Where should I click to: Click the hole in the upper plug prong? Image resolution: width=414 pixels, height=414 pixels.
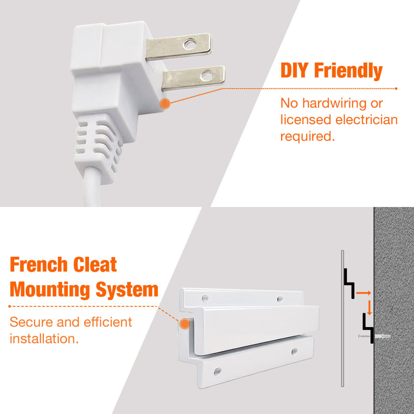pos(190,44)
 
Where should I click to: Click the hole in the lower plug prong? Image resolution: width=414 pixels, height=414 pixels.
pos(206,76)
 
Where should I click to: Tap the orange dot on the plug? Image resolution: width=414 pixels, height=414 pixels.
pos(165,103)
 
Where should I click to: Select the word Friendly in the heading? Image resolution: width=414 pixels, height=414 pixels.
pos(348,71)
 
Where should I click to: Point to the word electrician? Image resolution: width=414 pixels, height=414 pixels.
pos(366,120)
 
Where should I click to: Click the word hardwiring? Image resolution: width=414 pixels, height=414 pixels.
pos(334,103)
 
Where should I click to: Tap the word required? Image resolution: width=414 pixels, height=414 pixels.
pos(307,137)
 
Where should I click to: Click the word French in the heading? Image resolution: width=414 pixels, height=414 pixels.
pos(38,264)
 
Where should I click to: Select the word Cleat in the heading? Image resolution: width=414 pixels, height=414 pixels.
pos(95,264)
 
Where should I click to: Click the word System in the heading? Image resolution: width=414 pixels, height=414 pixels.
pos(127,290)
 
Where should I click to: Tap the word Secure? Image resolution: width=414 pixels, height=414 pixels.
pos(31,322)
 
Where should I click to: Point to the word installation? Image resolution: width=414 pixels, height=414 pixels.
pos(44,338)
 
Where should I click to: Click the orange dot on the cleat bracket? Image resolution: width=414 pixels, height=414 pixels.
pos(184,323)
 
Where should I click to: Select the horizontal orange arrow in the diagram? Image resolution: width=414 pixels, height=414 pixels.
pos(364,293)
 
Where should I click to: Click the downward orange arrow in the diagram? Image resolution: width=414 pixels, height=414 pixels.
pos(369,307)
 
